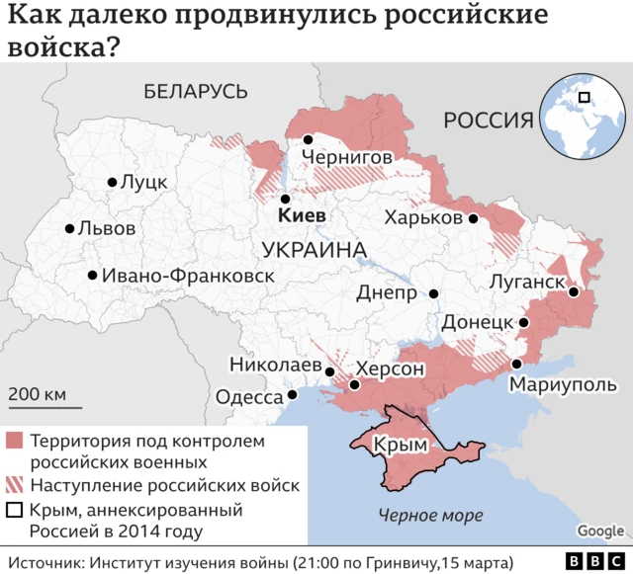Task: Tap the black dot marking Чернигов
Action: [309, 140]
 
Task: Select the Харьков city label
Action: [423, 218]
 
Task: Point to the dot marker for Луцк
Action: [112, 182]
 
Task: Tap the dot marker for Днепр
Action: [433, 293]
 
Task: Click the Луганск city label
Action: [526, 283]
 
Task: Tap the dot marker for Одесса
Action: [292, 395]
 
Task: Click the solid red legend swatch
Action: [15, 441]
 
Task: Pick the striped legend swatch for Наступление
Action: [15, 485]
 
